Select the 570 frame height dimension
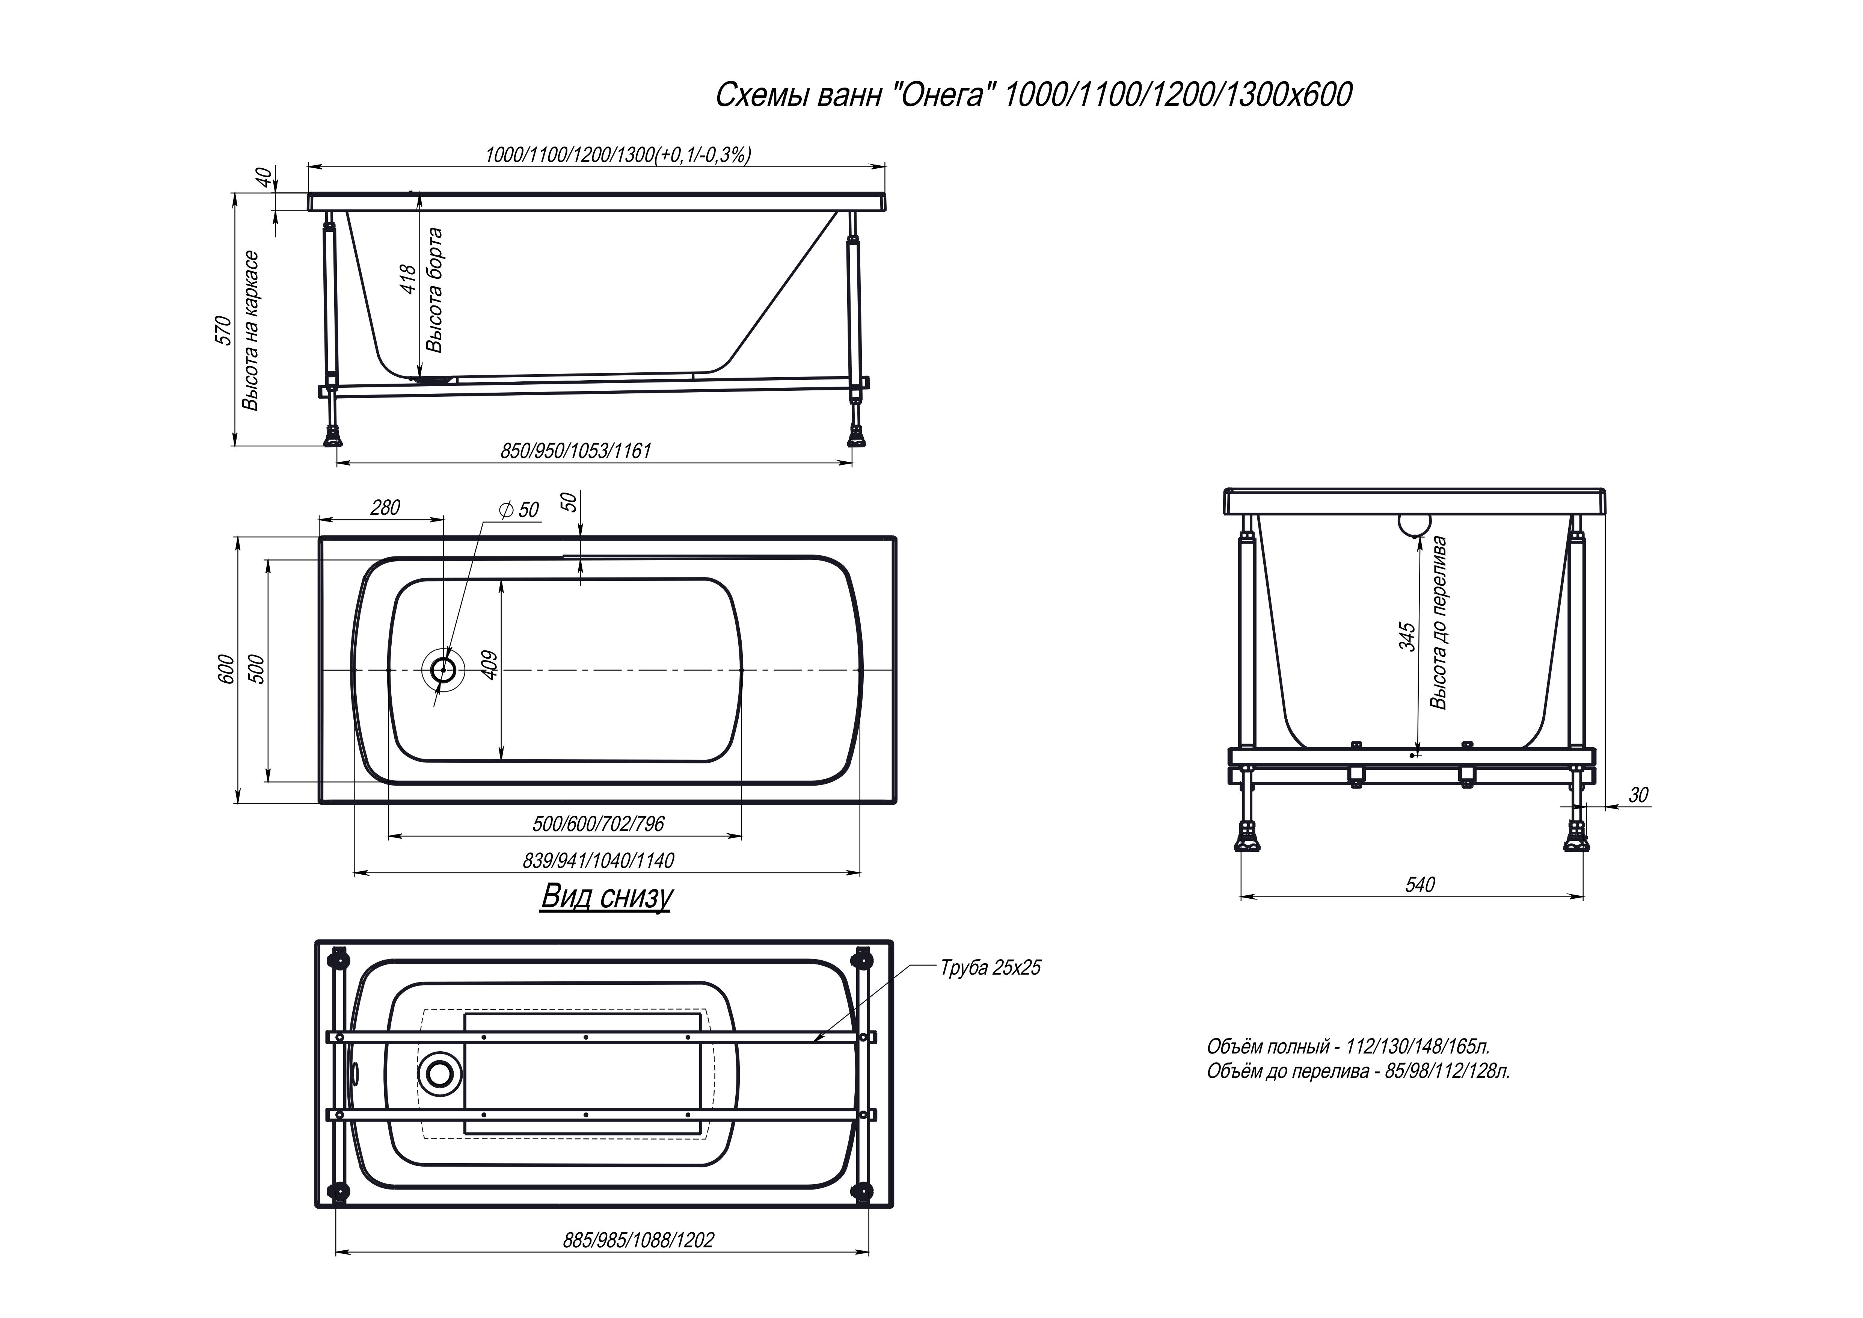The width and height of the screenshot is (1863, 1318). (x=224, y=330)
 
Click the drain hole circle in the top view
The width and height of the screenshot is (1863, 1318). (x=443, y=670)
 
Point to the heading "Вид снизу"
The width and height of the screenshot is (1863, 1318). (x=606, y=897)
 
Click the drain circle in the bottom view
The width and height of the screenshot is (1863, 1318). (x=440, y=1074)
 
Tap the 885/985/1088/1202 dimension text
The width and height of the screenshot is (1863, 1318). (x=638, y=1240)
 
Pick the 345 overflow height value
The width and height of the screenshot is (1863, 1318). (x=1408, y=636)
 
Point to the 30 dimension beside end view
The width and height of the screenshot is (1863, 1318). (x=1638, y=795)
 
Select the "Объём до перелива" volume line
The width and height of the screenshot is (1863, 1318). (x=1358, y=1071)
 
